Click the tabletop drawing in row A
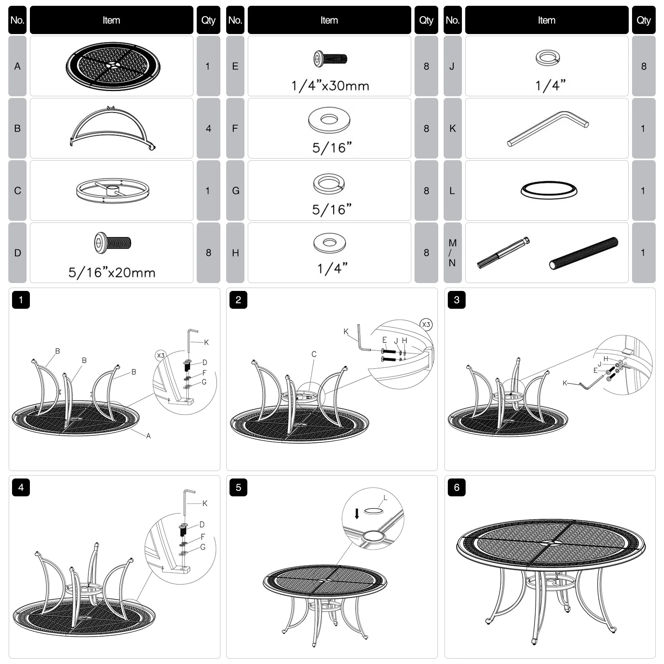[113, 66]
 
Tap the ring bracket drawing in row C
[113, 191]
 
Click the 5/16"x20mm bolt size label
[112, 273]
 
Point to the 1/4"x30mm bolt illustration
[330, 59]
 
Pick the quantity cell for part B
[208, 128]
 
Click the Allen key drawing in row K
[548, 128]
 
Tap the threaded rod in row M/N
[583, 253]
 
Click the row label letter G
[235, 190]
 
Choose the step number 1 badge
[21, 300]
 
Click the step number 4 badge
[21, 487]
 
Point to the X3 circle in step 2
[426, 325]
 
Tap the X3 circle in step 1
[161, 355]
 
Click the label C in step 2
[314, 354]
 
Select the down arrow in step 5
[357, 514]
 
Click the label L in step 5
[385, 498]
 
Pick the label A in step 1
[148, 436]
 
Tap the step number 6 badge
[456, 487]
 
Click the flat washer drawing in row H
[330, 243]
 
